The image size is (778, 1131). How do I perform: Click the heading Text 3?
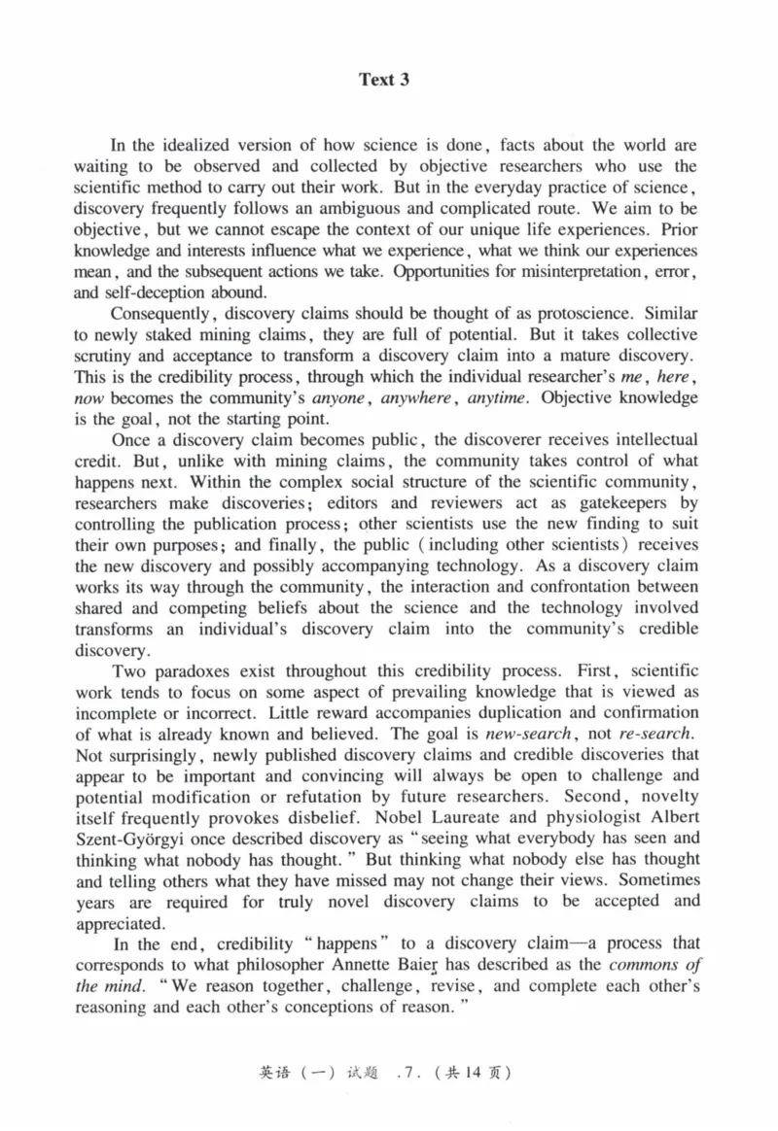[384, 81]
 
